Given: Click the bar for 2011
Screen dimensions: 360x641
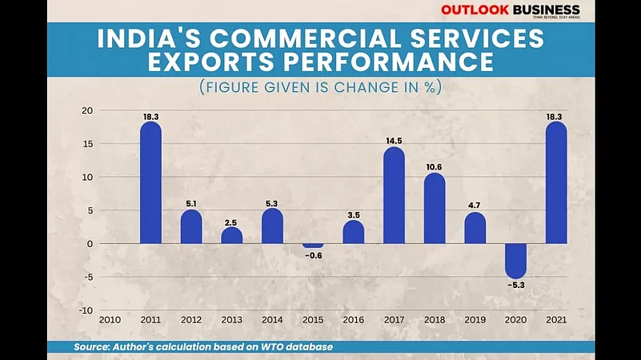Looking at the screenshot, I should (150, 183).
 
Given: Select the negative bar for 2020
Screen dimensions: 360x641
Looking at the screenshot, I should (516, 261).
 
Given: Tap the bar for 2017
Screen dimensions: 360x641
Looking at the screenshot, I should (394, 196).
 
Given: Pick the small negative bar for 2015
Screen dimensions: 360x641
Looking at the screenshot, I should (313, 246).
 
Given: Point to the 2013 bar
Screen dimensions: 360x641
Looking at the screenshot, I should (231, 235).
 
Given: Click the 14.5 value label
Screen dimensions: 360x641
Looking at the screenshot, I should (394, 141).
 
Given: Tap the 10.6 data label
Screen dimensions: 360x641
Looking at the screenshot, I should (435, 166).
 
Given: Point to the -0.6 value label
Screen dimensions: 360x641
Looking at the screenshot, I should (313, 255).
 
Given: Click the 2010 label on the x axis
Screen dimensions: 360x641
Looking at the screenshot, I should (110, 319).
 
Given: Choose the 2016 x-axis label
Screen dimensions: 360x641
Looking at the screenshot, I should (353, 319).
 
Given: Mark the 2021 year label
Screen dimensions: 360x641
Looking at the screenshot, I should (556, 319).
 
